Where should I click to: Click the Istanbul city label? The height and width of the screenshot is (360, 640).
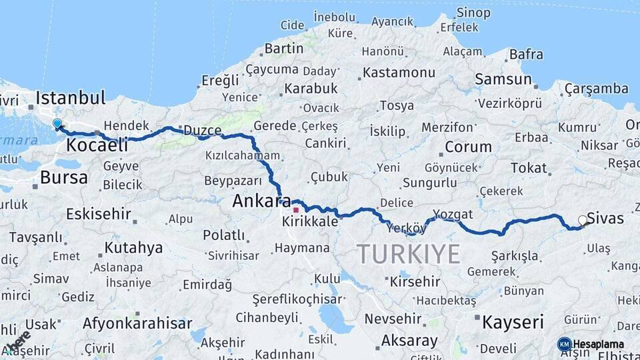tap(70, 98)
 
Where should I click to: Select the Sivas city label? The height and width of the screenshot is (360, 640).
tap(607, 218)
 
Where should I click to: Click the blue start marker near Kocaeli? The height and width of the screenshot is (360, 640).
tap(57, 123)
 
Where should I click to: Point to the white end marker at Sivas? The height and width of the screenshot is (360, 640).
tap(583, 220)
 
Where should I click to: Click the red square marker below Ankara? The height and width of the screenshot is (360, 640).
tap(295, 209)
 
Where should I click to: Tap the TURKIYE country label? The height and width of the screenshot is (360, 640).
tap(408, 254)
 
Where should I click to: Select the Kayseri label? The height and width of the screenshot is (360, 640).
tap(513, 322)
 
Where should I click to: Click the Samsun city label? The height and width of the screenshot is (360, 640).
tap(503, 79)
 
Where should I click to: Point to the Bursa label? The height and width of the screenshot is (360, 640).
tap(63, 177)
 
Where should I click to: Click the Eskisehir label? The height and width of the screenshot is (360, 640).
tap(97, 214)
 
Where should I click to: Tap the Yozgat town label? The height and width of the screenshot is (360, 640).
tap(453, 214)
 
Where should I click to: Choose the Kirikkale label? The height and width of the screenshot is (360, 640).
tap(310, 221)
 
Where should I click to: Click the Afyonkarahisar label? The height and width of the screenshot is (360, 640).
tap(137, 324)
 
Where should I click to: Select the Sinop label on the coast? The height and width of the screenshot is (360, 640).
tap(473, 13)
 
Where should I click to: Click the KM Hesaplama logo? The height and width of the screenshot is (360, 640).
tap(591, 344)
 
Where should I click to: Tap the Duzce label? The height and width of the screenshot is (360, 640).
tap(203, 131)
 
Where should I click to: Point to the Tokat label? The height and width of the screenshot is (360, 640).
tap(529, 168)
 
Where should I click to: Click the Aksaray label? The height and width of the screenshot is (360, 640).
tap(409, 341)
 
